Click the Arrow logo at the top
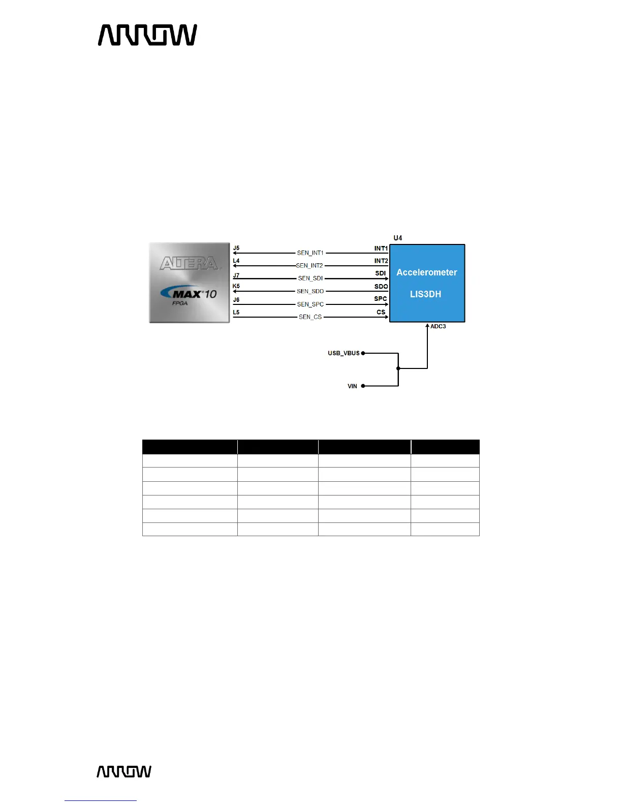point(147,35)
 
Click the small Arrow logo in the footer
point(124,771)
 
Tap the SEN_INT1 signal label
point(310,253)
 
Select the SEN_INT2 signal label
point(309,265)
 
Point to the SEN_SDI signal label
point(310,278)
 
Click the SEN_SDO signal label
point(310,291)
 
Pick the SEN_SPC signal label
point(310,304)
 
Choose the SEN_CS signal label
point(310,317)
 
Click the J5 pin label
point(236,249)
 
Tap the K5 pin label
point(236,286)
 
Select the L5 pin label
point(236,312)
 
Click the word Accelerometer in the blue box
point(427,272)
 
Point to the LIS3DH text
point(426,294)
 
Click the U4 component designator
point(398,238)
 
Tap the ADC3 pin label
point(438,326)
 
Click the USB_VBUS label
point(344,353)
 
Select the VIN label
point(352,386)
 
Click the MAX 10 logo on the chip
point(189,294)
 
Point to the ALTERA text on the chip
point(189,263)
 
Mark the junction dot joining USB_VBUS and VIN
point(398,368)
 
